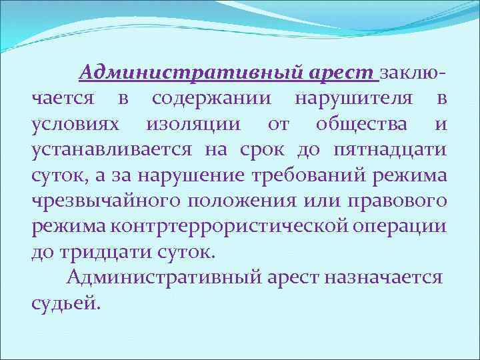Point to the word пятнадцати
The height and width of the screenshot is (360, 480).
click(x=389, y=151)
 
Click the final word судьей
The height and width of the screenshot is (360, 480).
click(x=66, y=303)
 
